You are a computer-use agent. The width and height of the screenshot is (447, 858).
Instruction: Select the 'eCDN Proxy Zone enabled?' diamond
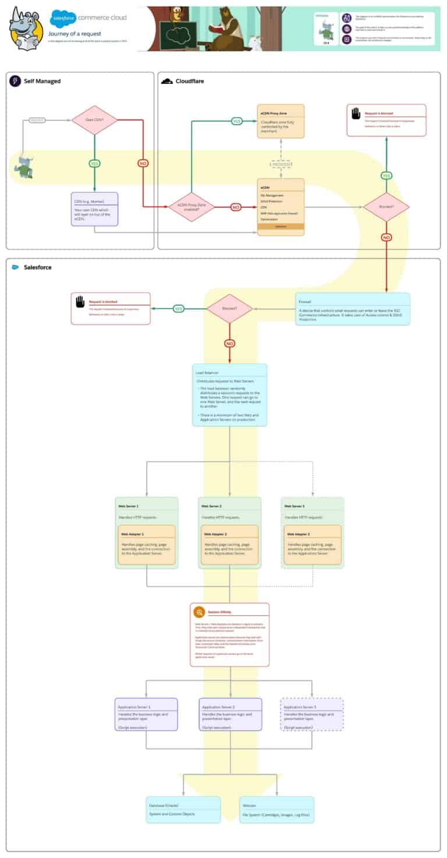[191, 207]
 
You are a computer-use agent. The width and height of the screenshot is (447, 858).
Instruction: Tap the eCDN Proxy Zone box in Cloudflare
[281, 121]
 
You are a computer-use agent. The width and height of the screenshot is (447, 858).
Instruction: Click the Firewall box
[352, 308]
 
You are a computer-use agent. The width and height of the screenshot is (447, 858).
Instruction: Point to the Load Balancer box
[229, 394]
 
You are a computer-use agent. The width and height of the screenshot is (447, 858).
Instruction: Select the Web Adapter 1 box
[146, 544]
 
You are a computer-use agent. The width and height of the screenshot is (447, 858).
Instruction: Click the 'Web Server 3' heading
[293, 506]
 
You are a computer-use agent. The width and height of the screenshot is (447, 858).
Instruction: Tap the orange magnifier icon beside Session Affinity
[199, 612]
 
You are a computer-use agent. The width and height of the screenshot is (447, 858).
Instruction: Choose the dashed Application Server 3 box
[312, 714]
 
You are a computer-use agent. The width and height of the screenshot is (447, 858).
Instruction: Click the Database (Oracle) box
[183, 809]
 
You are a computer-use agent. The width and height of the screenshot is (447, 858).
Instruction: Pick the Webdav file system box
[276, 809]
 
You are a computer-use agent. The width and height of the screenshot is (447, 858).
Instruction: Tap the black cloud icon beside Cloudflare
[166, 81]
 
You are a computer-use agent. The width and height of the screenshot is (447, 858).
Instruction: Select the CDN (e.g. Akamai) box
[94, 209]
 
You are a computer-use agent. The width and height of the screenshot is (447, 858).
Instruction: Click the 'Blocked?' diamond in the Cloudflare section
[386, 206]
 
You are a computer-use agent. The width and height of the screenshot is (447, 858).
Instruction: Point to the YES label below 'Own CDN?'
[94, 164]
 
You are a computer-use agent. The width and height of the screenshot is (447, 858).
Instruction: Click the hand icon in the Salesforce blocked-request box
[80, 302]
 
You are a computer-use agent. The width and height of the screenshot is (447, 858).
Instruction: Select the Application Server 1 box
[146, 714]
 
